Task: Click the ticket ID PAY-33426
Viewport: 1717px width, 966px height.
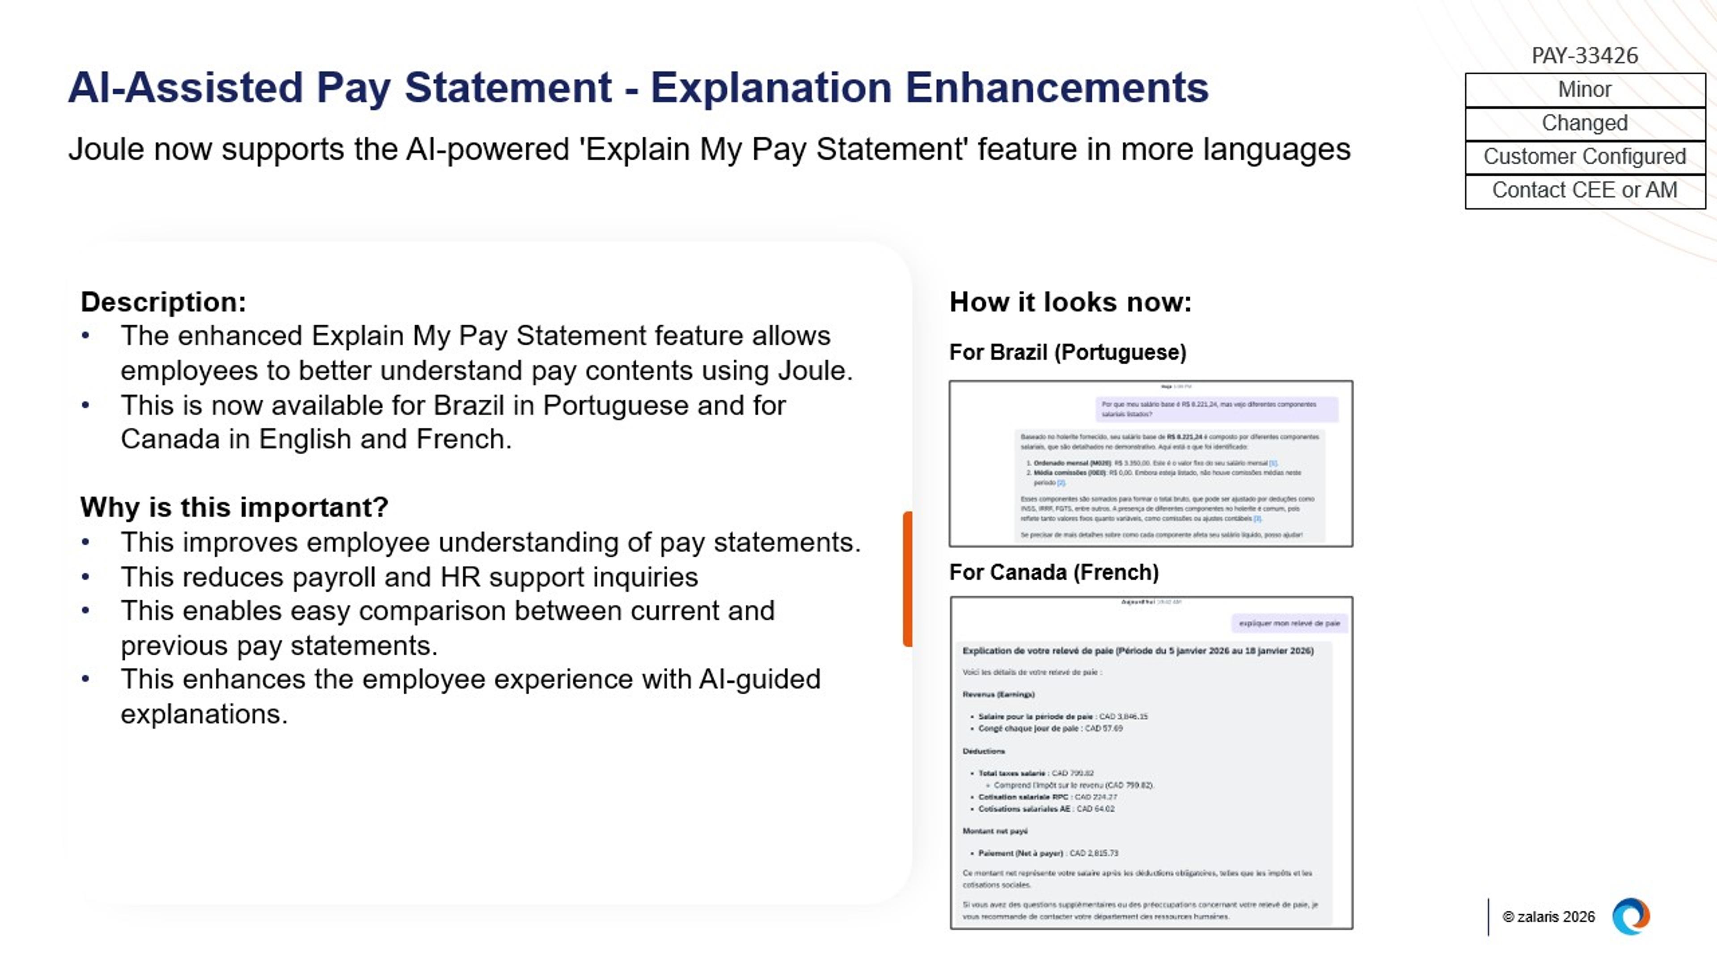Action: click(x=1584, y=55)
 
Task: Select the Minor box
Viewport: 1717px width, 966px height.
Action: click(x=1584, y=89)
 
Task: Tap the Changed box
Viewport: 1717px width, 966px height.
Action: click(x=1584, y=123)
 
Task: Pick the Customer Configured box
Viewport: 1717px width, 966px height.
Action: click(x=1584, y=157)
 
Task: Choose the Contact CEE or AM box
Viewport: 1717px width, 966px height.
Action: click(x=1584, y=191)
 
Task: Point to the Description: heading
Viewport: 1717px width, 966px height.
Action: click(x=163, y=302)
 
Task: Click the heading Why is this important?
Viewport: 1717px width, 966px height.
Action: click(x=234, y=507)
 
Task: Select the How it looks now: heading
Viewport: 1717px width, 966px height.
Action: click(x=1070, y=302)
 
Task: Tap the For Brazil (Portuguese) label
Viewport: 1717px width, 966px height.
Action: click(x=1067, y=352)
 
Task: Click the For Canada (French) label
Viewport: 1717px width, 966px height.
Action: click(x=1053, y=572)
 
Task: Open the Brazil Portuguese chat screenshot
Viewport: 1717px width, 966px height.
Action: click(x=1150, y=463)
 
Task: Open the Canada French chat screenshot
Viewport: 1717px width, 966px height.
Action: click(x=1150, y=762)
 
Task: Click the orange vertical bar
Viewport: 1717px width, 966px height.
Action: click(x=907, y=579)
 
